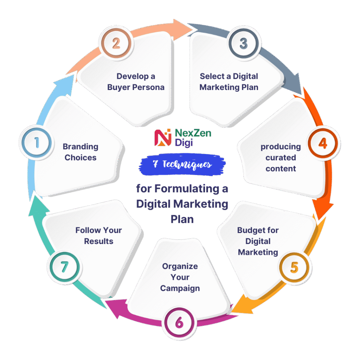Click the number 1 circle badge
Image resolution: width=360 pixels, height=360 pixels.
pos(37,143)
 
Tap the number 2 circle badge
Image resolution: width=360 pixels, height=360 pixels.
pos(116,43)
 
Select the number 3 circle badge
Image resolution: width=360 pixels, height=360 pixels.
pos(244,43)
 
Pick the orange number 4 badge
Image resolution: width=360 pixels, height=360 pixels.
pos(323,143)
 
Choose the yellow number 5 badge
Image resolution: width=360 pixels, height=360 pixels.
pos(294,268)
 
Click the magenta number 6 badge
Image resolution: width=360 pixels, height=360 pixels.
pos(179,323)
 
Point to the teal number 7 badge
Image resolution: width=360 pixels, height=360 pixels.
pos(65,267)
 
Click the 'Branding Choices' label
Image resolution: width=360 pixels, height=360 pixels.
pos(81,152)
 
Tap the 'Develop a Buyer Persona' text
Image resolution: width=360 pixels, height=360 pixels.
pos(136,82)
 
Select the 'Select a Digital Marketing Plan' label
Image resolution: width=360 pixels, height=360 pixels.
pos(229,82)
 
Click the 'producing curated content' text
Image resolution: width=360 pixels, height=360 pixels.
pos(281,157)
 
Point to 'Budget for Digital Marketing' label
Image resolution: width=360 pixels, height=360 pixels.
pos(258,241)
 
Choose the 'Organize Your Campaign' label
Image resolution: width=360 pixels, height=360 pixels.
pos(180,277)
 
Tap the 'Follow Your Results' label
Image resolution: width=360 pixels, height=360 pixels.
pos(99,236)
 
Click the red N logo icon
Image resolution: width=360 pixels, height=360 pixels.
pos(163,137)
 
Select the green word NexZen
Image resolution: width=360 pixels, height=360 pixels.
pos(193,133)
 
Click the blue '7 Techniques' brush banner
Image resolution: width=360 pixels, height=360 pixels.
pos(182,165)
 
